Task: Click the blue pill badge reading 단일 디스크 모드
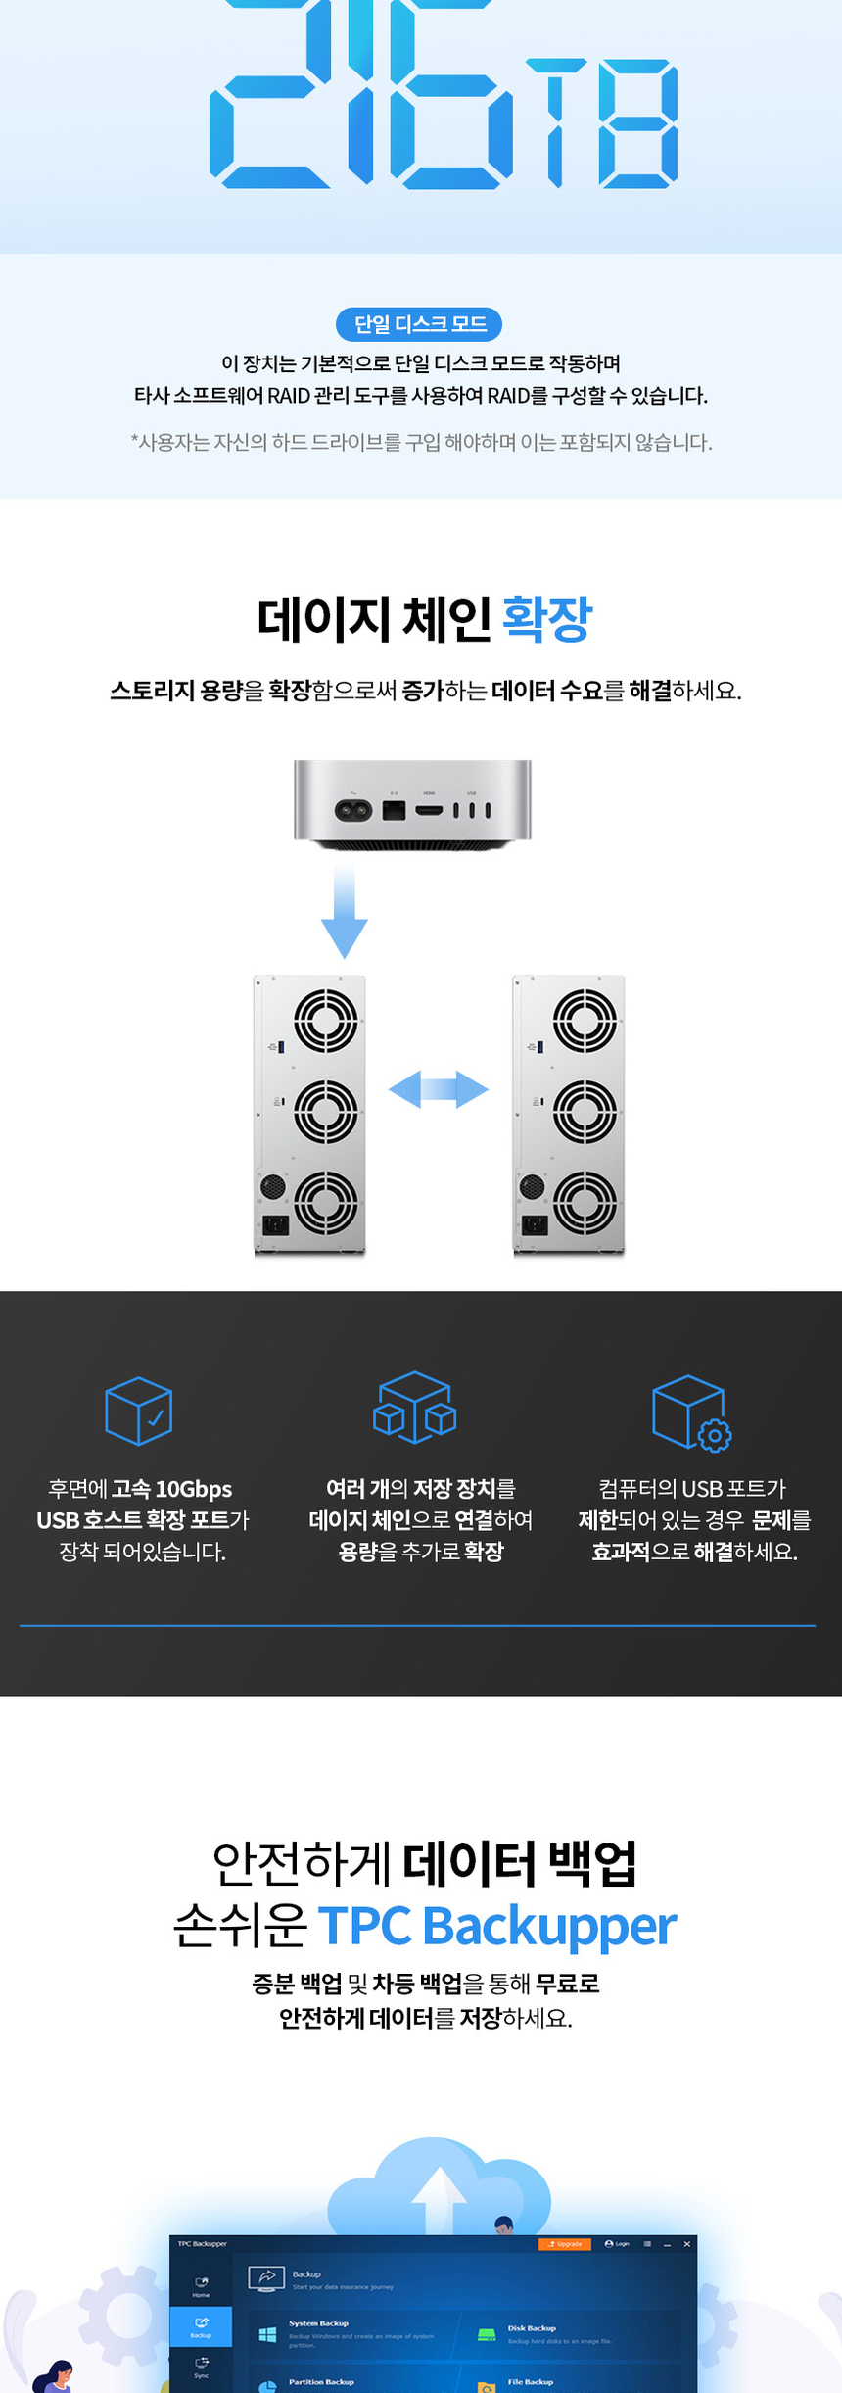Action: [x=419, y=324]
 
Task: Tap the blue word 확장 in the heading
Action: [x=546, y=619]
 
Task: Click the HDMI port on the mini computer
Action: [x=430, y=810]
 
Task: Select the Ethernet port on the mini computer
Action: [x=394, y=811]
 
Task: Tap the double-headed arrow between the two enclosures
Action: [x=438, y=1089]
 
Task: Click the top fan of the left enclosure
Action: [x=326, y=1020]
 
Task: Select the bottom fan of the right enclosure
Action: [x=585, y=1202]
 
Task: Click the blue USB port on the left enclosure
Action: [x=282, y=1047]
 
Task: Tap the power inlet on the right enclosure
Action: [x=535, y=1224]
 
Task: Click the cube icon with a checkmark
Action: [x=139, y=1411]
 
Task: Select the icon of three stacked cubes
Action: [x=414, y=1408]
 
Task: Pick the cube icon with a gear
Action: [x=691, y=1412]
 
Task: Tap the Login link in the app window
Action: [x=618, y=2244]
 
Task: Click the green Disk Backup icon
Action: [x=487, y=2335]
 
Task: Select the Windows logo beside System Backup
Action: [x=266, y=2335]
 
